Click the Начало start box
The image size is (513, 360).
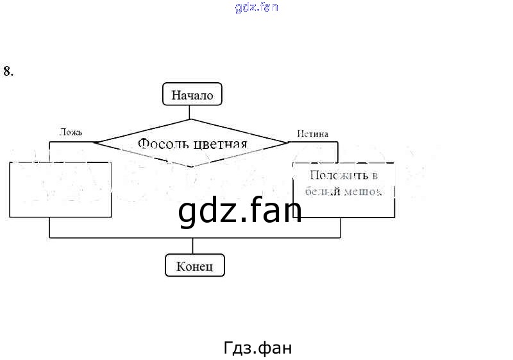(192, 96)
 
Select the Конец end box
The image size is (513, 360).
(195, 266)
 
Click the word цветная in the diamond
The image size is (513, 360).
(220, 143)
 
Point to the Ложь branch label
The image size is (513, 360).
(71, 133)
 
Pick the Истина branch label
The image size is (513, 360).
(313, 134)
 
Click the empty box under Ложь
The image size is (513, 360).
(61, 189)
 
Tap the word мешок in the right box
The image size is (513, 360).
(362, 191)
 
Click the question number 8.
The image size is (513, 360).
(8, 71)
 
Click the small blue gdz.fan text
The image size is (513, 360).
(256, 8)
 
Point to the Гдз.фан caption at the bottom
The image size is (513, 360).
(258, 348)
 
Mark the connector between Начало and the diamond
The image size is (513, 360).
(191, 112)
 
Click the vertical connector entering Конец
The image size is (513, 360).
(193, 246)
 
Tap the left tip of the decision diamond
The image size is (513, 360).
(94, 142)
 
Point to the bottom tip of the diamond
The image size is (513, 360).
(191, 167)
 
